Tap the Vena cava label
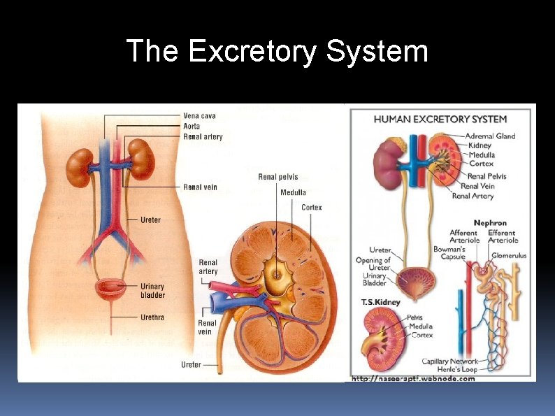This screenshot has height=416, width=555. tap(199, 116)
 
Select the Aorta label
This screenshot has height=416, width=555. tap(192, 127)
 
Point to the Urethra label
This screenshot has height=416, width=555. tap(152, 317)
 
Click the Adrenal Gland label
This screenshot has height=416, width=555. tap(491, 136)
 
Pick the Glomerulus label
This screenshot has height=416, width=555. tap(508, 256)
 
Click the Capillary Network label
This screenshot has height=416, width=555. tap(449, 361)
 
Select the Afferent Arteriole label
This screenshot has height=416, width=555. tap(464, 236)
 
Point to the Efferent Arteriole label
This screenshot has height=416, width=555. tap(501, 236)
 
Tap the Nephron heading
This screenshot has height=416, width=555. tap(490, 224)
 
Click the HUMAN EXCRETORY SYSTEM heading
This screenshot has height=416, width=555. tap(440, 119)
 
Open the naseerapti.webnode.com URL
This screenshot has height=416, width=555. tap(412, 379)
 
